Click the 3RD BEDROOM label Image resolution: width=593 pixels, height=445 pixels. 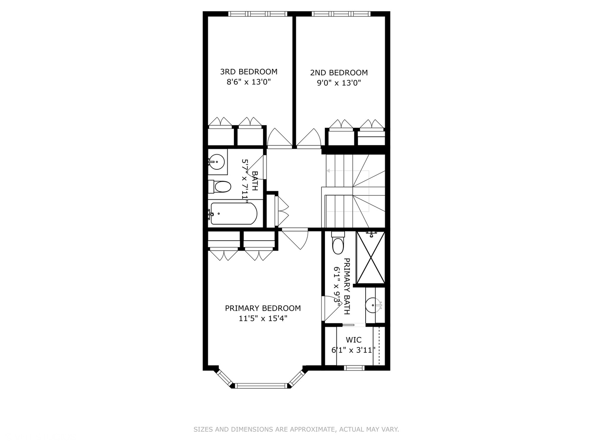(x=248, y=72)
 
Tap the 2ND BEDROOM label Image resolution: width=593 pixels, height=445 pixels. (x=339, y=73)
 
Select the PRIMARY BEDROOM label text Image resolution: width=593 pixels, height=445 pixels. (x=263, y=308)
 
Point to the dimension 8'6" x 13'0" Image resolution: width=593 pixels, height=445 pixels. (x=248, y=82)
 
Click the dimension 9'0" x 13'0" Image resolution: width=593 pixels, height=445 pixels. (x=339, y=83)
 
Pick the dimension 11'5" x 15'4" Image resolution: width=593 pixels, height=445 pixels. (x=263, y=319)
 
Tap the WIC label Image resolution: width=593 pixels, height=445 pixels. (x=353, y=340)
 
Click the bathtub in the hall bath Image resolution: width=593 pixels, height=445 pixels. (x=233, y=213)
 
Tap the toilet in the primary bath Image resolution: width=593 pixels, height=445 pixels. (x=338, y=244)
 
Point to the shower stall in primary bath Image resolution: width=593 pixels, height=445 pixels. (x=371, y=258)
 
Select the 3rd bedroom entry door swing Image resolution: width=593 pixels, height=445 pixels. (x=279, y=138)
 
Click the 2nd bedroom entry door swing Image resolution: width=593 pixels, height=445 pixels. (x=309, y=138)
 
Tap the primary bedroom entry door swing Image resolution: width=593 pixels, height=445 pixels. (x=296, y=238)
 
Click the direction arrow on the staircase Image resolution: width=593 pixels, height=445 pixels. (x=329, y=171)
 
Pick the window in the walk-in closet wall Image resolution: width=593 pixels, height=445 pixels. (x=354, y=368)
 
